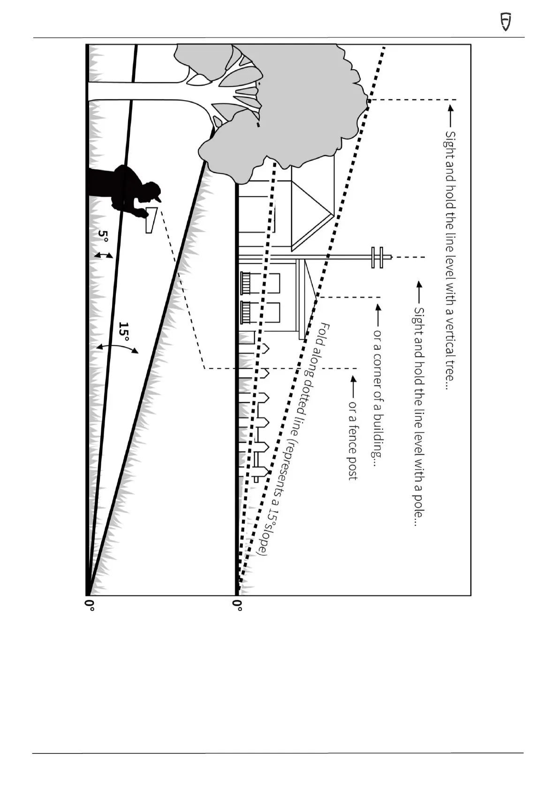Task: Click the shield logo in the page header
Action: pyautogui.click(x=505, y=22)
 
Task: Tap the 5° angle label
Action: pyautogui.click(x=104, y=236)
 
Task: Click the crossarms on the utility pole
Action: pyautogui.click(x=378, y=257)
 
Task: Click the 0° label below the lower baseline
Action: pyautogui.click(x=90, y=604)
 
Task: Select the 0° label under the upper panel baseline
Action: pyautogui.click(x=237, y=604)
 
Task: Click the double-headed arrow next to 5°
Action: pyautogui.click(x=104, y=255)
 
